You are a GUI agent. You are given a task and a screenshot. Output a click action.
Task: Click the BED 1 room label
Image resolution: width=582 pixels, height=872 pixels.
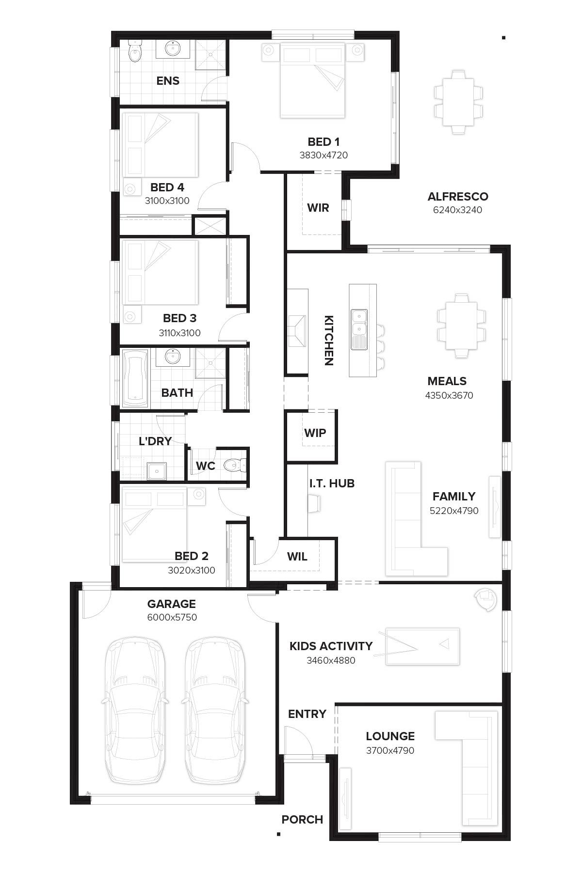323,142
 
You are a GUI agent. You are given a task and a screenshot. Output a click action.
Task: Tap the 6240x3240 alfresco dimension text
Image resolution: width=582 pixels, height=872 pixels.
457,210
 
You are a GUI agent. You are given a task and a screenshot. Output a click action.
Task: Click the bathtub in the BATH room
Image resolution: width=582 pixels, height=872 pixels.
135,379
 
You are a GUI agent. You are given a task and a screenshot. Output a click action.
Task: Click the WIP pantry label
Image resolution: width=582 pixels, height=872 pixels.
315,433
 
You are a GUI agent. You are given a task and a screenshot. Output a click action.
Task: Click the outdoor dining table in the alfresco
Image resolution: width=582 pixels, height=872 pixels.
458,102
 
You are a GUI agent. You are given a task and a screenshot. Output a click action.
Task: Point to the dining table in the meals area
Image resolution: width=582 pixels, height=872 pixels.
461,325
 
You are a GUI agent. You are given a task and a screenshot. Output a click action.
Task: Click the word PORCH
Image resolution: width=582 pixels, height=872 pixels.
302,820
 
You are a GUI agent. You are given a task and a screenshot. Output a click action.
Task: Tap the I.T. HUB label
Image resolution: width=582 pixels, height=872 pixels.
332,483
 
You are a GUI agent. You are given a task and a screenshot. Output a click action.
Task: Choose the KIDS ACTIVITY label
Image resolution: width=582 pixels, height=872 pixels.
331,646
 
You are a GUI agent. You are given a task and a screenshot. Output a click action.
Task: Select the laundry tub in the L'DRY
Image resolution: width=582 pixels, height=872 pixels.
157,470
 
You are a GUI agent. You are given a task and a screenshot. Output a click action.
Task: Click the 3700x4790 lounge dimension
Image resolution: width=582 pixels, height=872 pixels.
390,750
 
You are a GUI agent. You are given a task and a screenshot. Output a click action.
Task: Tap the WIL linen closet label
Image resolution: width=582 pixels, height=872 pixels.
297,557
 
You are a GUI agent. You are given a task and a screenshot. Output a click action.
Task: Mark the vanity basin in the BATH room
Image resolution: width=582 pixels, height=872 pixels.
173,357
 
